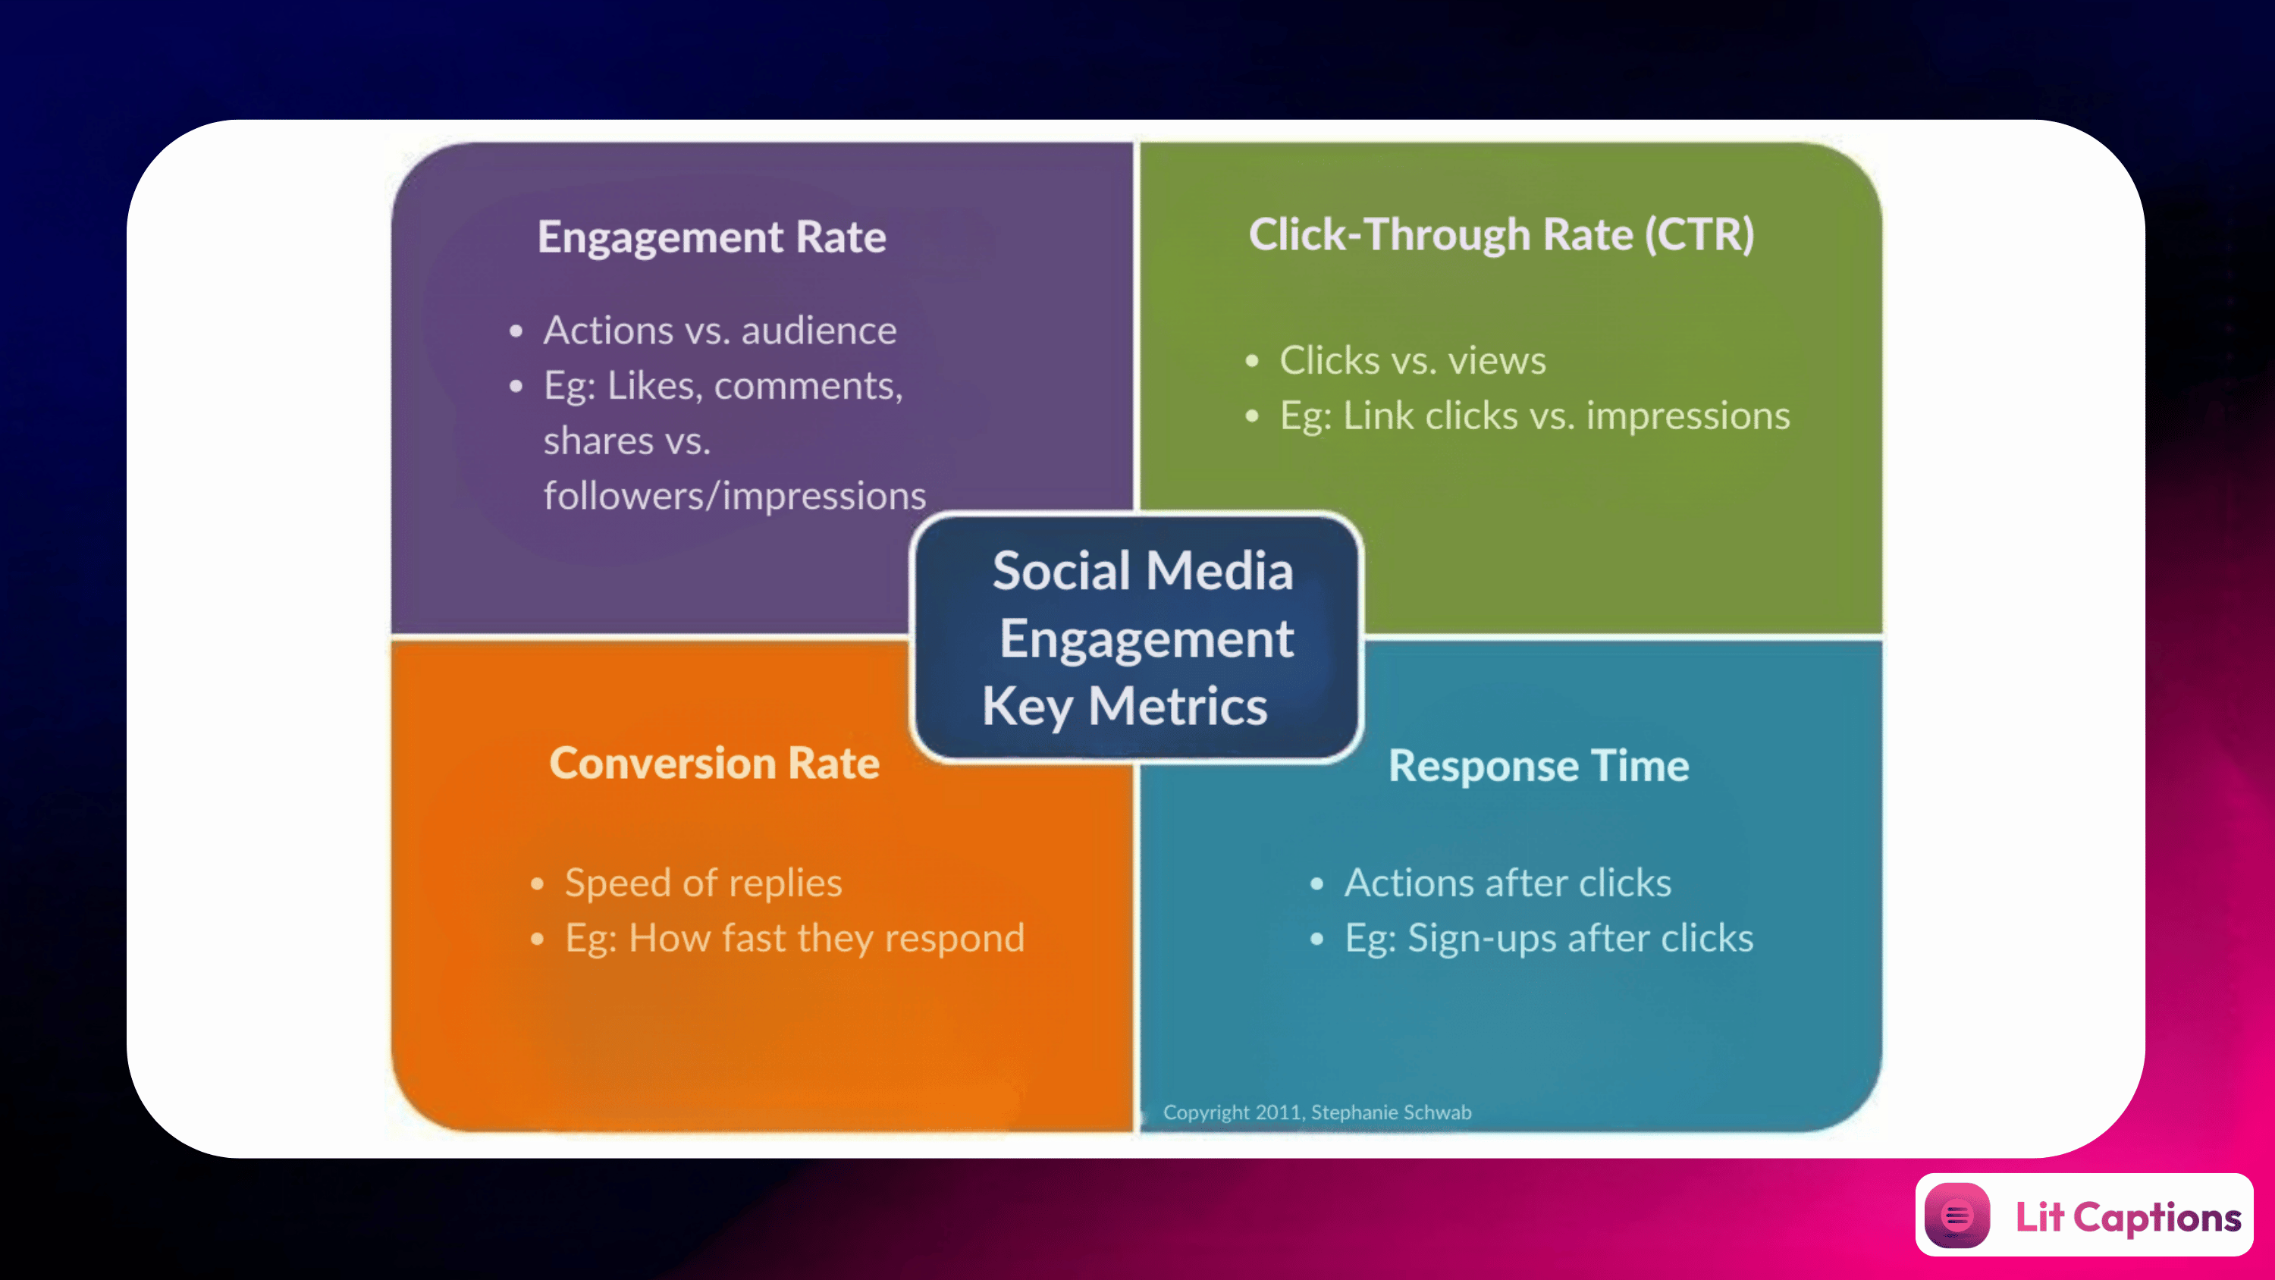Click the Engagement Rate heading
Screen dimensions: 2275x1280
712,237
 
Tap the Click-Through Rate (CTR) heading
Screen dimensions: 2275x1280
1501,235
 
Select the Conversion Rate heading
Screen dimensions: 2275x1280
714,764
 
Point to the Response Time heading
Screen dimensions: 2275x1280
1539,766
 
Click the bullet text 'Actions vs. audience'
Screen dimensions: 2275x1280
720,331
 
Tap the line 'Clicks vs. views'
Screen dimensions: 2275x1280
1413,360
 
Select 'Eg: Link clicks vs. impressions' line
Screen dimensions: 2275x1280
1535,416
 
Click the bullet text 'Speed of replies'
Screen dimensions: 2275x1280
704,883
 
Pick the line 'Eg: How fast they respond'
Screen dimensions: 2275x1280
795,938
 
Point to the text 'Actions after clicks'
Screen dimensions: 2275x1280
1508,883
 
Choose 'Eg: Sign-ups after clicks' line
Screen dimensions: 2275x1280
1549,938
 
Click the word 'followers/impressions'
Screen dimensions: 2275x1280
735,496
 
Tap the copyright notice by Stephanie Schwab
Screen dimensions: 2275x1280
1316,1112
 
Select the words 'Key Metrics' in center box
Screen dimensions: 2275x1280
1125,707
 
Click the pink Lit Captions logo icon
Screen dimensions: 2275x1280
1957,1216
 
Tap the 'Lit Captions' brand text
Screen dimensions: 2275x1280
2129,1217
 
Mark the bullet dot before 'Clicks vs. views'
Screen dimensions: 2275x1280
1251,360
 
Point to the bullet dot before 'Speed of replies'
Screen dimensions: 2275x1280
537,883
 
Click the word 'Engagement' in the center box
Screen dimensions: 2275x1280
1147,639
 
